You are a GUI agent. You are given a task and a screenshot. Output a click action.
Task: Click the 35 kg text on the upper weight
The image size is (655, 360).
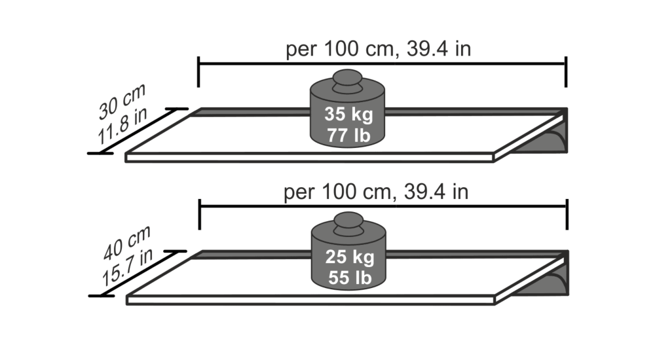(348, 115)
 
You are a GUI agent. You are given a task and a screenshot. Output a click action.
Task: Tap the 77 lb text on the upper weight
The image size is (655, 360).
(348, 136)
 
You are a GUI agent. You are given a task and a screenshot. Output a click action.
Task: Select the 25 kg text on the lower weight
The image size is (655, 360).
(350, 257)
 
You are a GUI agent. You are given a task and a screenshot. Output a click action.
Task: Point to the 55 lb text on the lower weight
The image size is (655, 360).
(350, 278)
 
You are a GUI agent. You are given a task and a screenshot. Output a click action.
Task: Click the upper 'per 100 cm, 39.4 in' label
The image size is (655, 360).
(378, 50)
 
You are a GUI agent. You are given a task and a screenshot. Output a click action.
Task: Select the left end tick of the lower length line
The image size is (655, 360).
(199, 214)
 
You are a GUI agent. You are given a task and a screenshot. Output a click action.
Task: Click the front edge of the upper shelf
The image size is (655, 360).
(308, 157)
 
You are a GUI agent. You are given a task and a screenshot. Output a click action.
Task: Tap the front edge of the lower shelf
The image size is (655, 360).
(308, 300)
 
